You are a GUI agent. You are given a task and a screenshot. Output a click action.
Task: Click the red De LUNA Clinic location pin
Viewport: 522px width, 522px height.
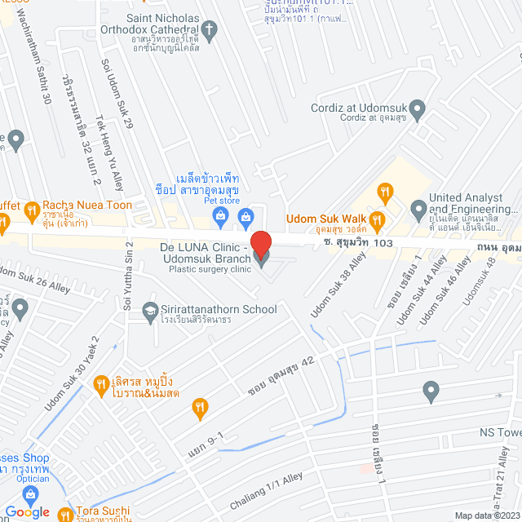pyautogui.click(x=261, y=243)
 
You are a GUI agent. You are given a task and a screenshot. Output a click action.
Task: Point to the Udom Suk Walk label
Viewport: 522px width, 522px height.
pyautogui.click(x=325, y=219)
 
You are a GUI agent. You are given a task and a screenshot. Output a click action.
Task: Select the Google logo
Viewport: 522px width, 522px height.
pyautogui.click(x=27, y=511)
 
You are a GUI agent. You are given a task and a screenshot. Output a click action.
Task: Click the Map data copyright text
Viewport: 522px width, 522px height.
pyautogui.click(x=487, y=515)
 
